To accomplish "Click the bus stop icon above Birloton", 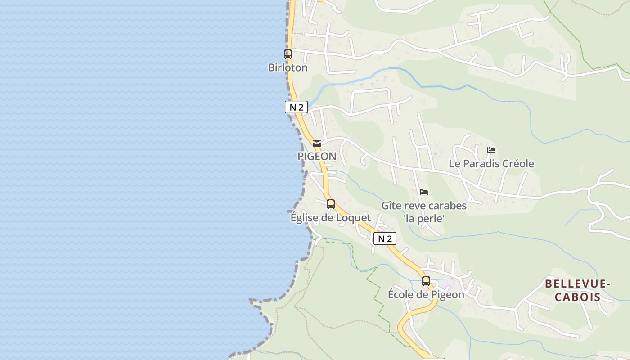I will pyautogui.click(x=288, y=54).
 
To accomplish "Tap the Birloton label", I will pyautogui.click(x=288, y=68).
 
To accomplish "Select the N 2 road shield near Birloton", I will pyautogui.click(x=296, y=107).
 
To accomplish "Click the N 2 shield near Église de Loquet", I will pyautogui.click(x=385, y=238).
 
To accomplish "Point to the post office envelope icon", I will pyautogui.click(x=317, y=144).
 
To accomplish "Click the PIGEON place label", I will pyautogui.click(x=317, y=156).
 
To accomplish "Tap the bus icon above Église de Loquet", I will pyautogui.click(x=331, y=204).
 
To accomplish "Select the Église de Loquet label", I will pyautogui.click(x=331, y=218).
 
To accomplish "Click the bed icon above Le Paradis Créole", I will pyautogui.click(x=491, y=150).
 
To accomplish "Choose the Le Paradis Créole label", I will pyautogui.click(x=491, y=163).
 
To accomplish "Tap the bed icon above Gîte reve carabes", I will pyautogui.click(x=424, y=192).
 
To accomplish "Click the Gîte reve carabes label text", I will pyautogui.click(x=424, y=206).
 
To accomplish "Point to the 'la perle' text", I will pyautogui.click(x=424, y=219).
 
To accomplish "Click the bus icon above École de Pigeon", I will pyautogui.click(x=426, y=281).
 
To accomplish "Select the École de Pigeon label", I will pyautogui.click(x=426, y=295).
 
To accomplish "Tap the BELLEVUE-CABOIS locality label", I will pyautogui.click(x=577, y=290).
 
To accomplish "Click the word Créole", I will pyautogui.click(x=517, y=163).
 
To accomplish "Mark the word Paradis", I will pyautogui.click(x=481, y=163).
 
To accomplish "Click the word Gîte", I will pyautogui.click(x=391, y=206).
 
